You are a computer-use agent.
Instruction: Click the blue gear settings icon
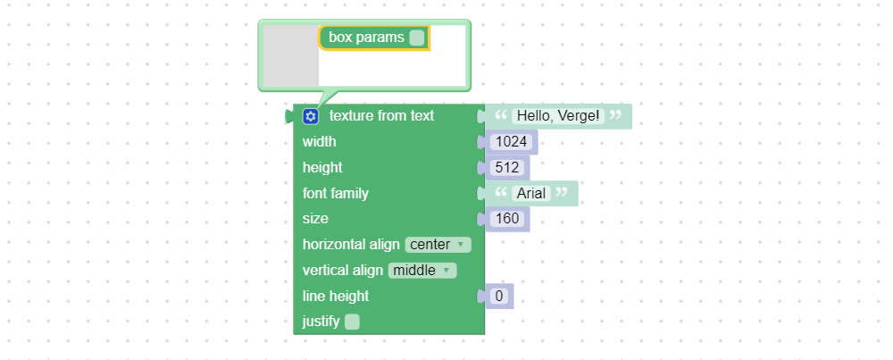click(311, 116)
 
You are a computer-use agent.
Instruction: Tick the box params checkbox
click(417, 38)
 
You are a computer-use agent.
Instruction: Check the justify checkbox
click(352, 322)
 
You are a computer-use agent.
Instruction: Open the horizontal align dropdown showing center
click(438, 245)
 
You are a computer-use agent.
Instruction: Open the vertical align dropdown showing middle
click(422, 270)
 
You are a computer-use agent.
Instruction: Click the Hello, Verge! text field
click(558, 116)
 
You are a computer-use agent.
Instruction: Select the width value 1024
click(512, 142)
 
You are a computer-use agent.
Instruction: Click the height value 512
click(507, 167)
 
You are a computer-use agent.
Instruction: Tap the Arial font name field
click(531, 193)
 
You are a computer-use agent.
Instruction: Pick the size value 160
click(507, 219)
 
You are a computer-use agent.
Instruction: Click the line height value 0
click(499, 297)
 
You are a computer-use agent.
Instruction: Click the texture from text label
click(381, 115)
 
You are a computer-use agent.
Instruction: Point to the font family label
click(336, 193)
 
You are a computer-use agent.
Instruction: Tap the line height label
click(336, 297)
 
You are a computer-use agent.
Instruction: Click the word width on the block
click(319, 141)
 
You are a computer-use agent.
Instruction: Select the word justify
click(321, 322)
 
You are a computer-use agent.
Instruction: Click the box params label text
click(366, 38)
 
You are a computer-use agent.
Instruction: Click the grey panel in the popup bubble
click(291, 55)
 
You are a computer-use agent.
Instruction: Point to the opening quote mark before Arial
click(501, 193)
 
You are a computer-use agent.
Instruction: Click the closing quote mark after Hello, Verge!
click(615, 115)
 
